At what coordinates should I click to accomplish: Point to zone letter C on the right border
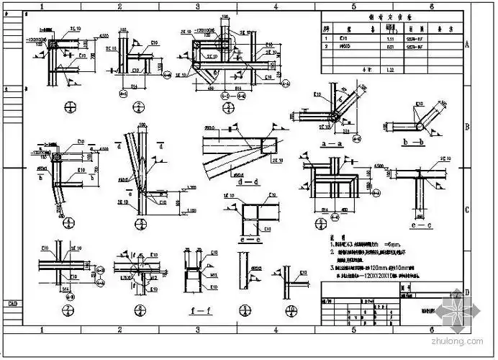click(x=467, y=210)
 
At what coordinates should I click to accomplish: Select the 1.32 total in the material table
click(x=389, y=70)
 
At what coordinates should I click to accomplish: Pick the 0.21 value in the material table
click(x=389, y=45)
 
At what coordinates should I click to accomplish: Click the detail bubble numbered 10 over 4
click(x=291, y=312)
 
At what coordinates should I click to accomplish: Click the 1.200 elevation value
click(x=191, y=188)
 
